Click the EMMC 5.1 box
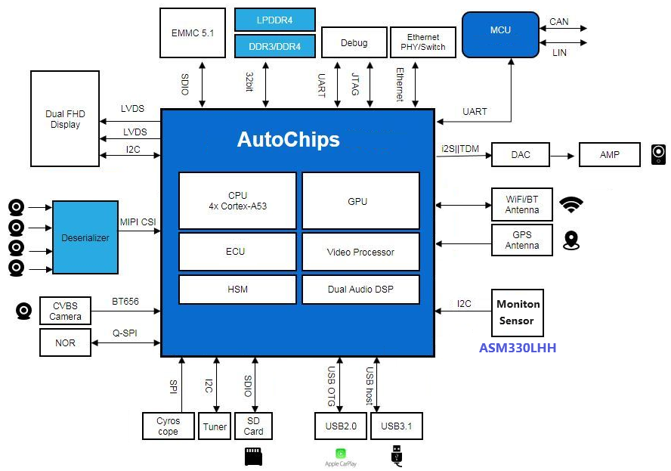click(x=193, y=33)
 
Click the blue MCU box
click(x=499, y=33)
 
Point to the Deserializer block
click(x=85, y=237)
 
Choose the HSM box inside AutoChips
click(x=237, y=290)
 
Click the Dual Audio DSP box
click(x=360, y=290)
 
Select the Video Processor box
click(x=360, y=252)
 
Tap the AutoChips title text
click(x=288, y=140)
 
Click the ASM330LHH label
click(x=518, y=349)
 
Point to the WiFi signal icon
click(x=571, y=204)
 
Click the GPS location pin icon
click(x=571, y=240)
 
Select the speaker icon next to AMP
click(x=658, y=155)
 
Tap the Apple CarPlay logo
click(x=340, y=455)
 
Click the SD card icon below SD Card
click(x=253, y=456)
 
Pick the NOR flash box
click(x=66, y=342)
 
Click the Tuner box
click(x=215, y=426)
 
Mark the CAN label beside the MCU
click(x=559, y=22)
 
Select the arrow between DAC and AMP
click(x=564, y=155)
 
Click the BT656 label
click(x=125, y=301)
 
